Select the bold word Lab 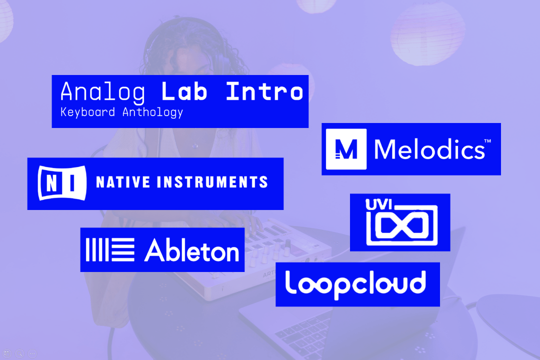click(184, 92)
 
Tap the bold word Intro click(264, 92)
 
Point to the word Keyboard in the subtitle click(87, 112)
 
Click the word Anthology click(152, 112)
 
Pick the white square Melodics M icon click(346, 149)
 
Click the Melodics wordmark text click(429, 149)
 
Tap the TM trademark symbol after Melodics click(487, 141)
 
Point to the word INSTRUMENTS click(212, 182)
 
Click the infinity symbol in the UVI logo click(402, 225)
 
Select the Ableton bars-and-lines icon click(110, 250)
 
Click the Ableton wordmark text click(192, 250)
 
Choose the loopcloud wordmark click(355, 284)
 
